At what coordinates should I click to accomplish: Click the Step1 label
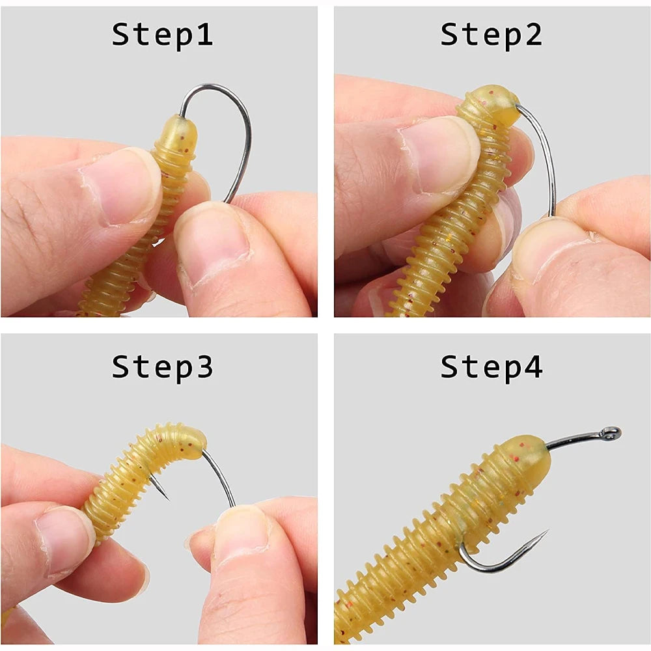(x=162, y=35)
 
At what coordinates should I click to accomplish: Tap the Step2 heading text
(x=491, y=35)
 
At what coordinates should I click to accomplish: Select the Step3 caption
(x=162, y=367)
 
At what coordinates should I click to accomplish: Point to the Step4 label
(x=491, y=367)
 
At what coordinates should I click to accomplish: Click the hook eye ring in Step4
(x=610, y=433)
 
